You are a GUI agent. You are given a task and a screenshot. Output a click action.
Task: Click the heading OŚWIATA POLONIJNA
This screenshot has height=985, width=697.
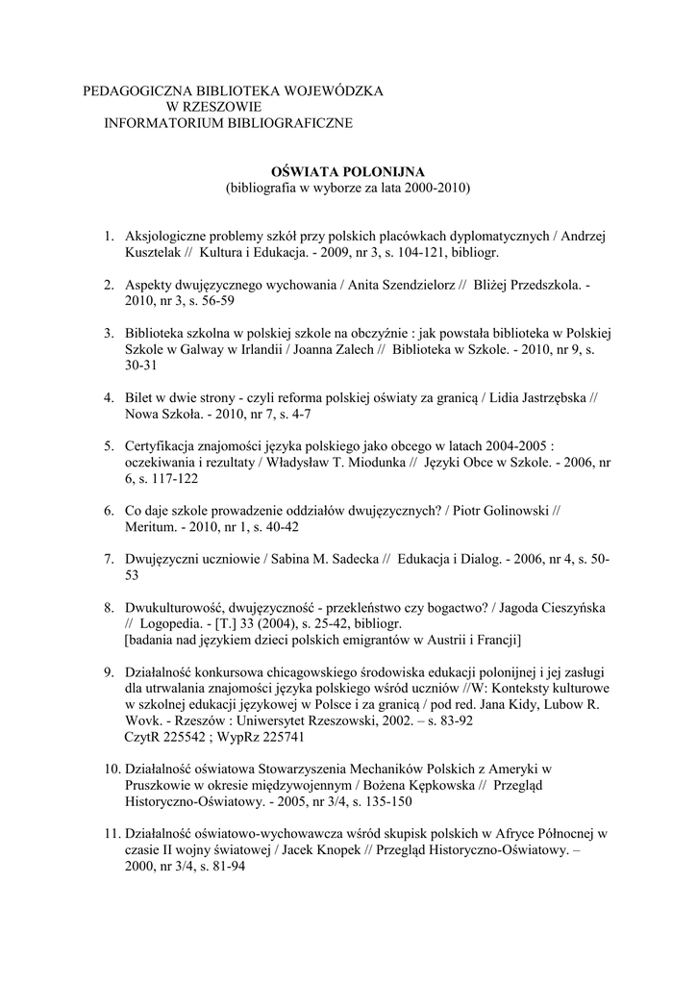pyautogui.click(x=348, y=169)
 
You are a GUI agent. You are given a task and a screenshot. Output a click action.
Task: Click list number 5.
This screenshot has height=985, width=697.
pyautogui.click(x=109, y=446)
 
